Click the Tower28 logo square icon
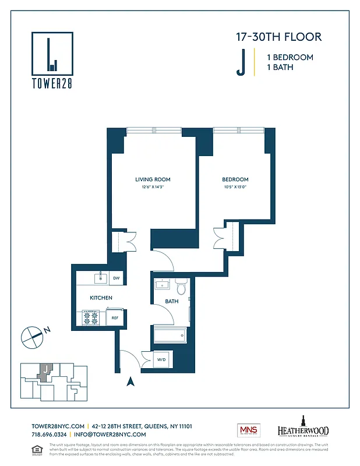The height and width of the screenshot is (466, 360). point(52,52)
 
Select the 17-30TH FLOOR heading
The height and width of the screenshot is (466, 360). point(278,37)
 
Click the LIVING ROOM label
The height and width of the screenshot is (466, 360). point(153,179)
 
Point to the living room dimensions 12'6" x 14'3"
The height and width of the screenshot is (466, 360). point(153,187)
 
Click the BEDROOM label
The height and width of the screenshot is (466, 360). point(235,179)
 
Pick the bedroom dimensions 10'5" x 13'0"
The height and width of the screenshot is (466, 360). point(235,187)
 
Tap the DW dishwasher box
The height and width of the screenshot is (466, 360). point(116,278)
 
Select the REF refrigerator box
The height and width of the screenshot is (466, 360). point(115,318)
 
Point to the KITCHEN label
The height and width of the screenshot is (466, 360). point(101,298)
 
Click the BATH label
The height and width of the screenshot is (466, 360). point(171,301)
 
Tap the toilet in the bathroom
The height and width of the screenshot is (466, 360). point(181,287)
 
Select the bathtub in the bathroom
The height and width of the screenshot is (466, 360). point(170,336)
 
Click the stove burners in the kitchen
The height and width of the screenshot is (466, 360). point(92,318)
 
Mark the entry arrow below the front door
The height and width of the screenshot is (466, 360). point(131,382)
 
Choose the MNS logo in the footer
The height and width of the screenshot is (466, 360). point(248,430)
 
